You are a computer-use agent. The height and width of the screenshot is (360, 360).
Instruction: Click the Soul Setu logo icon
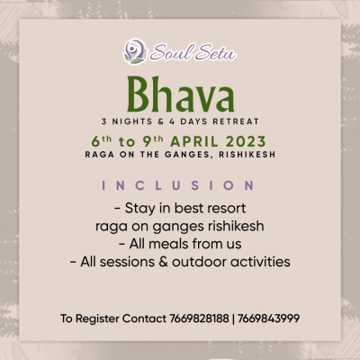[x=135, y=51]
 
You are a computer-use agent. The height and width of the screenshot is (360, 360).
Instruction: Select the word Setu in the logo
[x=215, y=52]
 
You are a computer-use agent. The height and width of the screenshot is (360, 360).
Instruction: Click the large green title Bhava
[x=181, y=94]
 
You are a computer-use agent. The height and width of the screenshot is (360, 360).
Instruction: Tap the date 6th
[x=102, y=141]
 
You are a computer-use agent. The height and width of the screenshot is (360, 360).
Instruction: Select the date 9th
[x=153, y=141]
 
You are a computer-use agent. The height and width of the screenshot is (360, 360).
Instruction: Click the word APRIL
[x=194, y=141]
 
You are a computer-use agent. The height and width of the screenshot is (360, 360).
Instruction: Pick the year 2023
[x=246, y=141]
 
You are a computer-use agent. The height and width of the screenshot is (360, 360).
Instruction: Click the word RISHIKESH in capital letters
[x=247, y=155]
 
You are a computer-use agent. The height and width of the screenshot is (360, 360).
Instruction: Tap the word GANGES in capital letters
[x=188, y=155]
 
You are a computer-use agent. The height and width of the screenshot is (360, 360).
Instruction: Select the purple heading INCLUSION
[x=178, y=185]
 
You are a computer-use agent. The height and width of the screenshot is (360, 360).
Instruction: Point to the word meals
[x=167, y=244]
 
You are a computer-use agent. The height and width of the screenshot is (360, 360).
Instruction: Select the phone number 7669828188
[x=199, y=319]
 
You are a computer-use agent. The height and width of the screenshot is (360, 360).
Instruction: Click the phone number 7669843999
[x=269, y=319]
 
